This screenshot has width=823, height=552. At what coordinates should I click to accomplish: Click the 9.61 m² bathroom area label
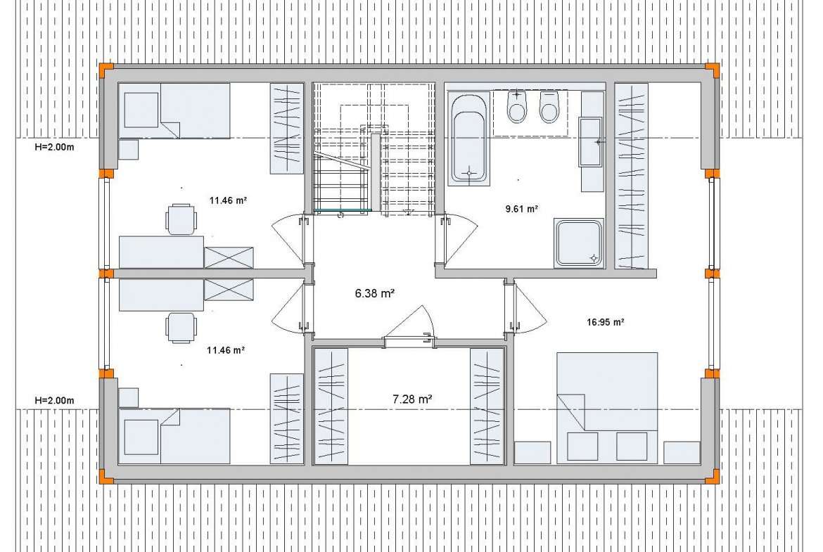[521, 209]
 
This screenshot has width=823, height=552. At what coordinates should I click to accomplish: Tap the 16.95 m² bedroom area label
[605, 322]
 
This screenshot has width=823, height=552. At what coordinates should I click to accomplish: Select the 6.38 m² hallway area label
[375, 293]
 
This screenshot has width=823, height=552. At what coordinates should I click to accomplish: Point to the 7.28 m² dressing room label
[412, 399]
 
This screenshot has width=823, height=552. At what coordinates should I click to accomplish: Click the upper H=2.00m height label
[55, 148]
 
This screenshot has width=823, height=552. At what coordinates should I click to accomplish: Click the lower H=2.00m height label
[55, 401]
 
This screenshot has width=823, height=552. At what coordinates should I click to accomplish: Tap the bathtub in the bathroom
[468, 139]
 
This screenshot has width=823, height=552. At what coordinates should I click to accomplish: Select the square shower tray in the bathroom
[578, 243]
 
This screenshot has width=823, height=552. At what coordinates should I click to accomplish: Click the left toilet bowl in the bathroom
[517, 107]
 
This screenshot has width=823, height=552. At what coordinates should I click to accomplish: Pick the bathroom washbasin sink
[590, 141]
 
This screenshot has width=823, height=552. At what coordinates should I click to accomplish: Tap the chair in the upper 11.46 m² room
[181, 219]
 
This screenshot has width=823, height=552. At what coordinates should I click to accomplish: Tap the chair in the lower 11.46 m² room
[181, 328]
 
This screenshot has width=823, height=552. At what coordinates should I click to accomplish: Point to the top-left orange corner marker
[106, 70]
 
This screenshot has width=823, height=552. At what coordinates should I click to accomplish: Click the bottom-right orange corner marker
[713, 477]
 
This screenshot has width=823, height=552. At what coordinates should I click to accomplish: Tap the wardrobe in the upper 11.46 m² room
[286, 129]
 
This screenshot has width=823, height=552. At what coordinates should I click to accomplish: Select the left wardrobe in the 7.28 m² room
[331, 406]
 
